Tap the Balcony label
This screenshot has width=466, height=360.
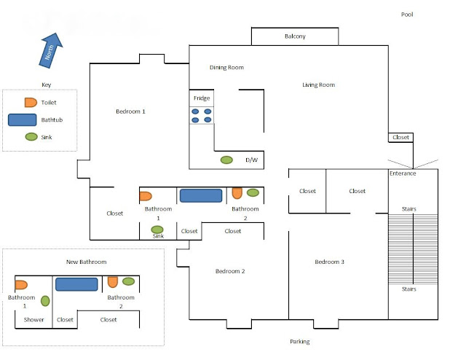[x=295, y=36]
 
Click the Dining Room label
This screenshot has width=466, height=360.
[x=226, y=68]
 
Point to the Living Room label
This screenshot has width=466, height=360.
[x=318, y=85]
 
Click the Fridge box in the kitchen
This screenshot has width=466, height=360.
[x=202, y=98]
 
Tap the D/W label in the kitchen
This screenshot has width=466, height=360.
[x=251, y=160]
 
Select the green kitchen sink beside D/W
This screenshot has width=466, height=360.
[x=226, y=160]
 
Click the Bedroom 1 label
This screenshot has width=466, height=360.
[x=130, y=111]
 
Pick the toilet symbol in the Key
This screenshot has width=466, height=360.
[x=30, y=103]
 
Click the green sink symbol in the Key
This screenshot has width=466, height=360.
[x=31, y=136]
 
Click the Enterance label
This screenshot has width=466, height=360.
[x=403, y=173]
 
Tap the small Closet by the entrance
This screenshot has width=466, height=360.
[x=400, y=137]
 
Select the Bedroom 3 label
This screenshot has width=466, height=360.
[x=329, y=262]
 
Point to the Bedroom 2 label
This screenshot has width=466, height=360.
[x=230, y=271]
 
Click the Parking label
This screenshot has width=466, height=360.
[x=299, y=341]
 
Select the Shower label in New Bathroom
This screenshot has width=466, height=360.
[x=33, y=319]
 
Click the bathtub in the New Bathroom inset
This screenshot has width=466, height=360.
[x=76, y=284]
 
